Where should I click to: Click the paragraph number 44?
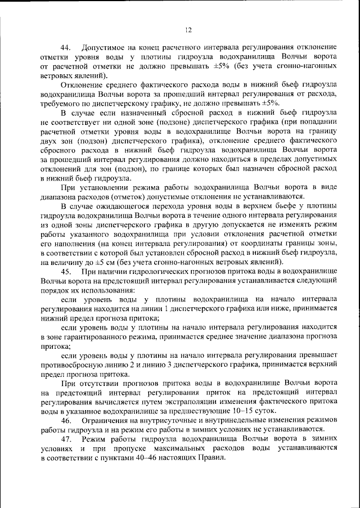(x=66, y=47)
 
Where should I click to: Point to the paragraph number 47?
(x=66, y=439)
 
